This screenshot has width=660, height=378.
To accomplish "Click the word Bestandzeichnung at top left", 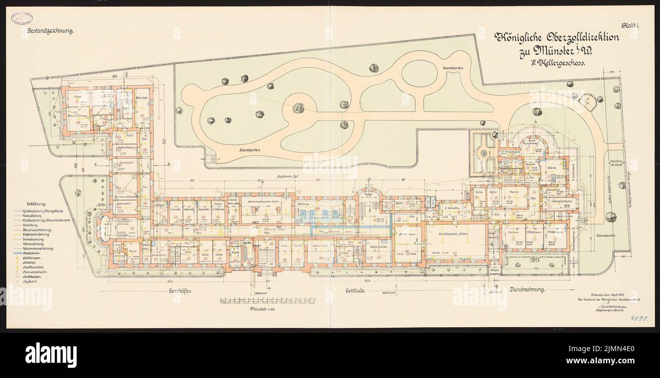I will (49, 31).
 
